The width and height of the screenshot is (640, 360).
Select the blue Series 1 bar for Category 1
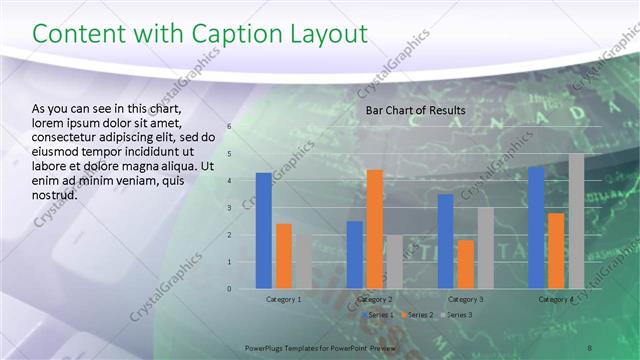[x=263, y=230]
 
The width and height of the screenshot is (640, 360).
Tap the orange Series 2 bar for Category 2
[x=374, y=229]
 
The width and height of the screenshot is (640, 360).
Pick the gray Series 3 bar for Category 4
[x=576, y=221]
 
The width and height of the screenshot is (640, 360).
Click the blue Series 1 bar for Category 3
[x=445, y=241]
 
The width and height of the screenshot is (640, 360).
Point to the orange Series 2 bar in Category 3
[x=465, y=264]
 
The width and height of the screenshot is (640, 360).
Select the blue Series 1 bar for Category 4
[x=536, y=227]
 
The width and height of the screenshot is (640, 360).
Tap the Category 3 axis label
[x=465, y=299]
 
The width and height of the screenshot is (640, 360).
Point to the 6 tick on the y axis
[x=229, y=127]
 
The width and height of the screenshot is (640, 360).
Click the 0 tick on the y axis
[x=229, y=289]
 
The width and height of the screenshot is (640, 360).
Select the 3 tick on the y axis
[x=229, y=208]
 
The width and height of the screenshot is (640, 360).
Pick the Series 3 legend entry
[x=455, y=315]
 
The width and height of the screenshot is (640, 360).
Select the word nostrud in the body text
[x=55, y=195]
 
